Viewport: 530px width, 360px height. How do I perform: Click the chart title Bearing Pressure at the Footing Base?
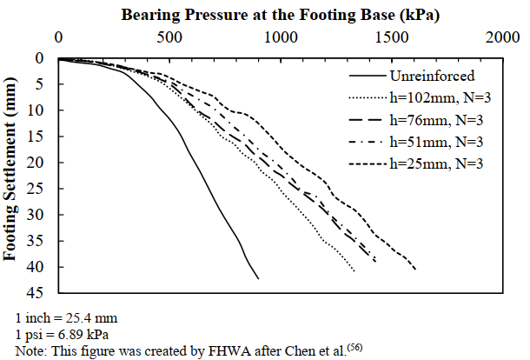tap(280, 15)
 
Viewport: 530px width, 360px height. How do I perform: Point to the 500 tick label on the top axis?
tap(169, 37)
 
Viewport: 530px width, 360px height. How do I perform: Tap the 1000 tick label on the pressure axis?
tap(281, 37)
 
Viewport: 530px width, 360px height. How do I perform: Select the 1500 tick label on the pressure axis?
tap(392, 37)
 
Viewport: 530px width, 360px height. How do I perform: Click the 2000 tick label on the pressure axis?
tap(503, 37)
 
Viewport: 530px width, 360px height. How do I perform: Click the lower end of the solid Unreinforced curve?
tap(258, 278)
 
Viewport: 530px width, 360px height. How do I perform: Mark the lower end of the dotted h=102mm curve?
tap(354, 271)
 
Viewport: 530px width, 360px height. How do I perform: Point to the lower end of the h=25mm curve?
tap(415, 270)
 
